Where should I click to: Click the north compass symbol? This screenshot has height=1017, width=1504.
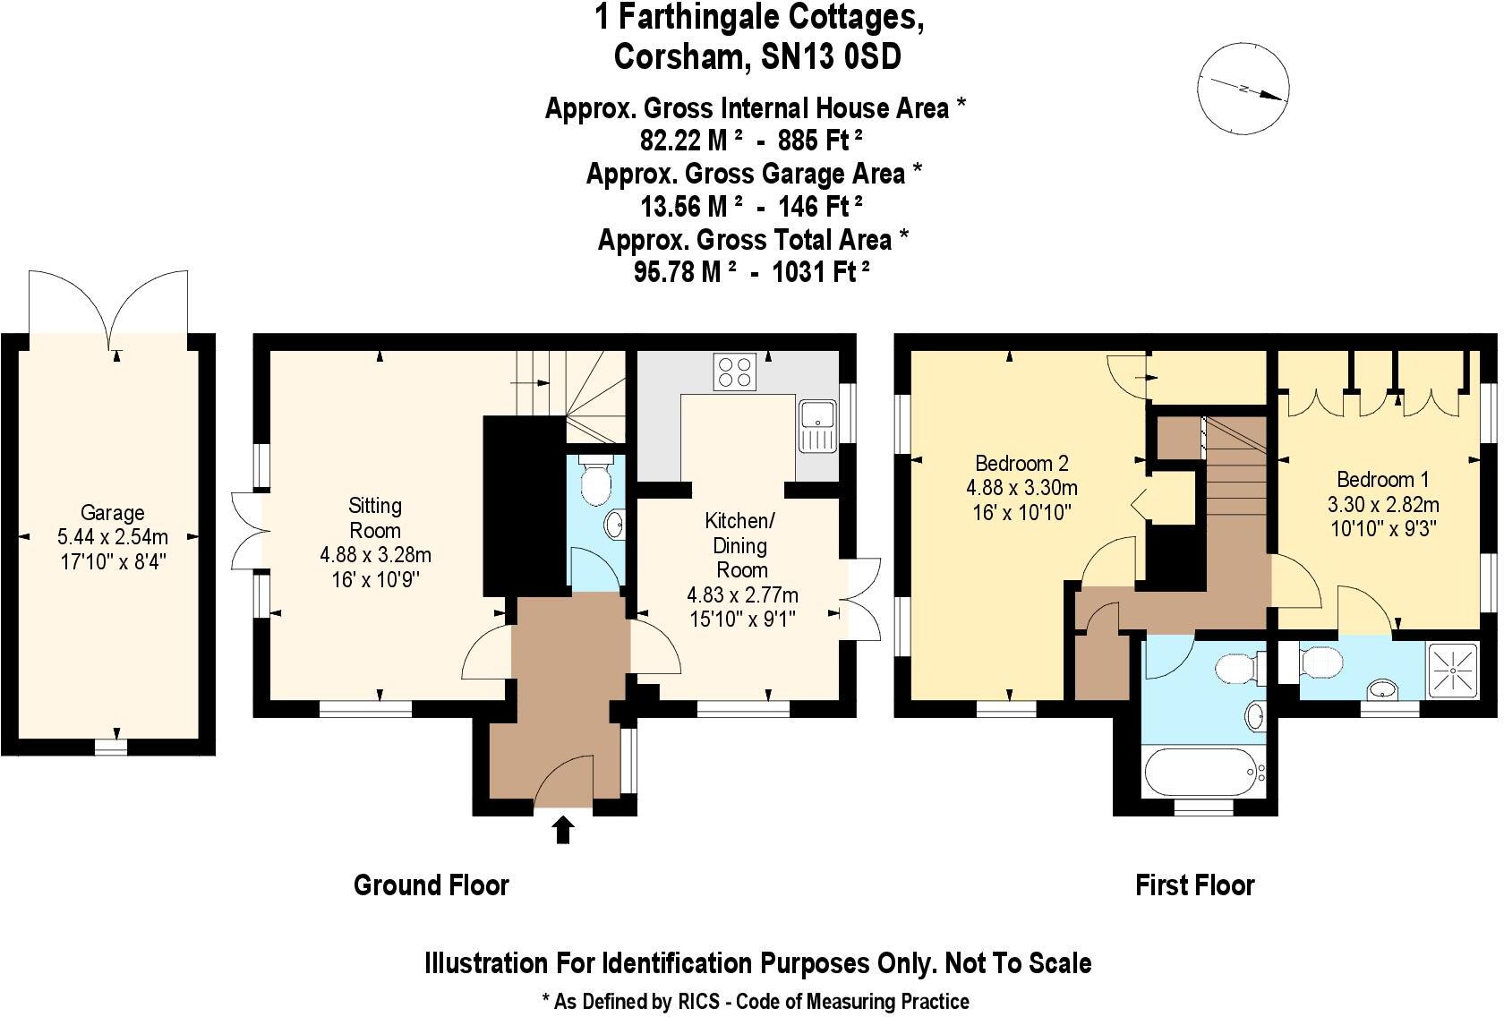tap(1243, 89)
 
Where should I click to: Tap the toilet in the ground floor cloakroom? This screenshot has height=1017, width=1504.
tap(595, 482)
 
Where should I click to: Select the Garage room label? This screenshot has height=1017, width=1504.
tap(112, 513)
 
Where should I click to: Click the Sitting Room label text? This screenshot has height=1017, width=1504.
tap(375, 517)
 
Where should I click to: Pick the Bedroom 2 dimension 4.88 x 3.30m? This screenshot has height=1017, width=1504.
tap(1021, 488)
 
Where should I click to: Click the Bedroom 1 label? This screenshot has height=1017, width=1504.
tap(1383, 479)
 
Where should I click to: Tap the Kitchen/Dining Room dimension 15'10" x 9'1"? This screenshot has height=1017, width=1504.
tap(742, 619)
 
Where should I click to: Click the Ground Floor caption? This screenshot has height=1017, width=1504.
tap(432, 885)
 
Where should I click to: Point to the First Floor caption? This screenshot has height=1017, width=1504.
tap(1194, 885)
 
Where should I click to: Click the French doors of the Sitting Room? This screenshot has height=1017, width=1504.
tap(247, 529)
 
